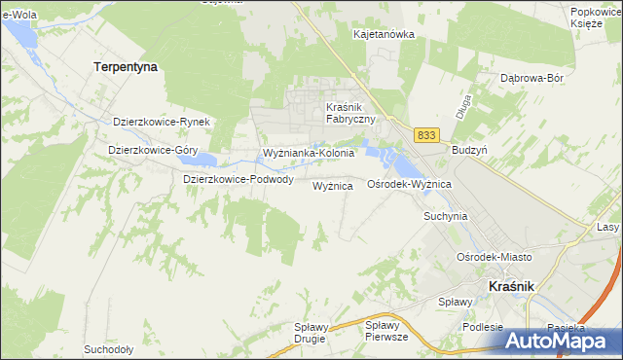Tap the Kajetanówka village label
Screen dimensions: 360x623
[384, 34]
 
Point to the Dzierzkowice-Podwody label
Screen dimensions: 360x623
[238, 179]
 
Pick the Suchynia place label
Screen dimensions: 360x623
[446, 216]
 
